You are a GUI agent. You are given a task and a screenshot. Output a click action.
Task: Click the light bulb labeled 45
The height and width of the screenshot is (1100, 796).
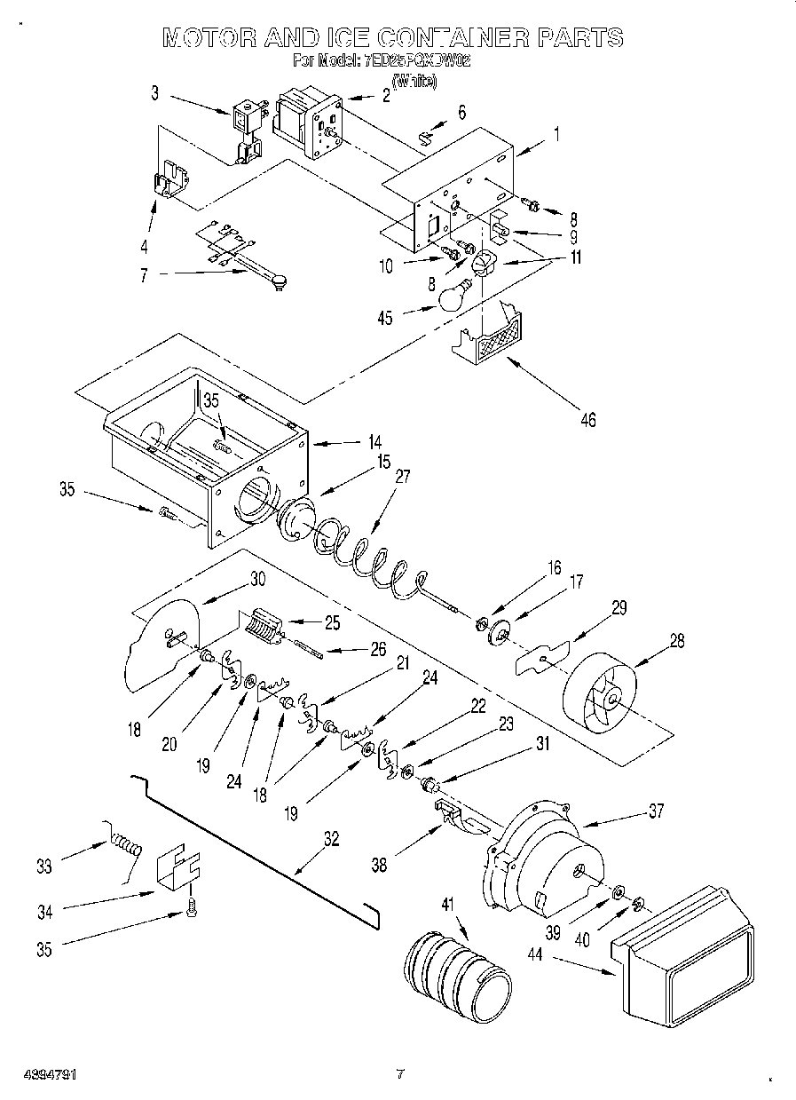[453, 296]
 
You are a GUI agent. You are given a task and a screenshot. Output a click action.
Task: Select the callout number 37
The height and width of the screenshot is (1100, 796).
[655, 811]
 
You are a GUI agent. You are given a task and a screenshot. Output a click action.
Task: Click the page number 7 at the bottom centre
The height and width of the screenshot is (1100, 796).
[400, 1074]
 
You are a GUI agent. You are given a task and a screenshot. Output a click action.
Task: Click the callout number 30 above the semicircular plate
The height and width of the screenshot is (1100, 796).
[258, 578]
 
